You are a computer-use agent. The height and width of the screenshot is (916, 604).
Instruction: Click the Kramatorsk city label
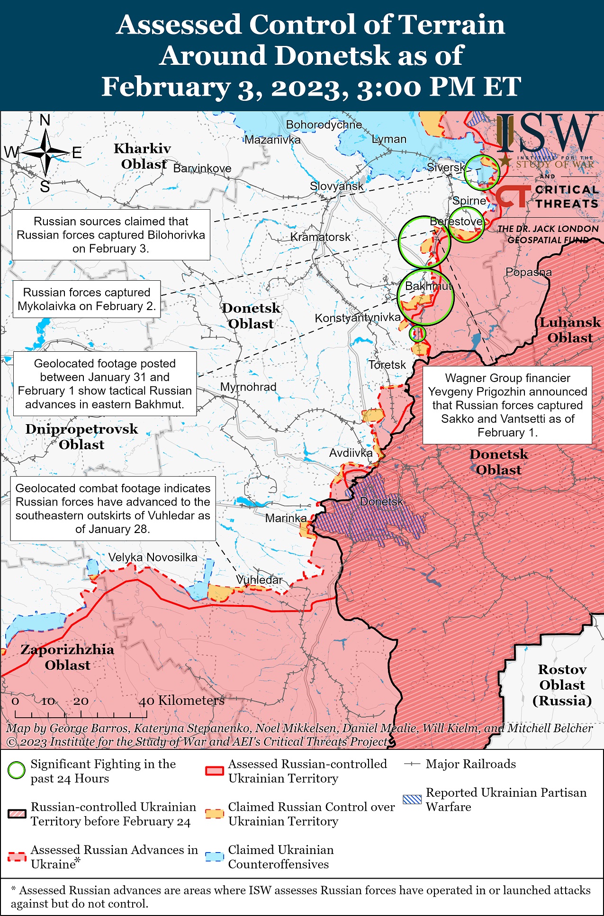pos(320,237)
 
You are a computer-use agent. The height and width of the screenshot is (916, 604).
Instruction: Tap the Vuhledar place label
pos(259,580)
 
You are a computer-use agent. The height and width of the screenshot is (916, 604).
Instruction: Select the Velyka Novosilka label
pos(153,557)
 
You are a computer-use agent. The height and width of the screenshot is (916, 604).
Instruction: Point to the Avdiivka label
pos(351,453)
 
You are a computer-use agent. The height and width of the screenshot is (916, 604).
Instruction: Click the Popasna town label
pos(529,272)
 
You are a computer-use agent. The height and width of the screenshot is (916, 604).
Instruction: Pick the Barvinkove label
pos(202,169)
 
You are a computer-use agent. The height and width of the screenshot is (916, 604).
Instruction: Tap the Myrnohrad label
pos(248,387)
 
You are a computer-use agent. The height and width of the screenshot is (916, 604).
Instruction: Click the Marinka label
pos(286,518)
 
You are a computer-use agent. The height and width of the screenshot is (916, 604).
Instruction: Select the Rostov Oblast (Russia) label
pos(562,685)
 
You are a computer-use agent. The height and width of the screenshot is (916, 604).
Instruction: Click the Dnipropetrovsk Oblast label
pos(81,437)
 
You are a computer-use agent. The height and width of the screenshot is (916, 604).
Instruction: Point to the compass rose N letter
pos(45,121)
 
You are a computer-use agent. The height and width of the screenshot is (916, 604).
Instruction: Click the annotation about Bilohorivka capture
pos(111,235)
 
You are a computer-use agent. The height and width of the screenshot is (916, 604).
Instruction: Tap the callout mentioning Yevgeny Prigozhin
pos(507,405)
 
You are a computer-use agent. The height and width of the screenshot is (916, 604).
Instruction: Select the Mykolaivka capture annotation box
pos(87,299)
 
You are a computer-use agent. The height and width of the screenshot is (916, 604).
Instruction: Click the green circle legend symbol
pos(17,770)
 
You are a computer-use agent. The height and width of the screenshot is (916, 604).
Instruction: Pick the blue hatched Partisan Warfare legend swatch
pos(412,799)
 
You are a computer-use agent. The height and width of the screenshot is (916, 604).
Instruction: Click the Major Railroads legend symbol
pos(412,764)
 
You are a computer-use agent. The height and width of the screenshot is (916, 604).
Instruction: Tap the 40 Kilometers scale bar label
pos(181,701)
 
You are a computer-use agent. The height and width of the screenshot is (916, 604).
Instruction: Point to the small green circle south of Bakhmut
pos(417,334)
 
